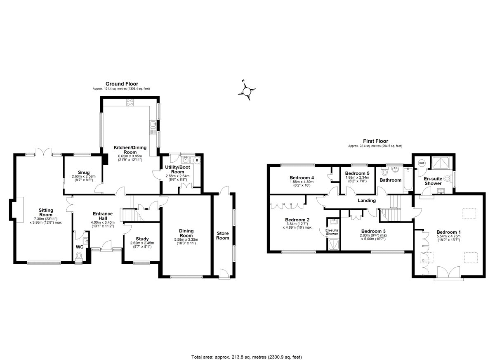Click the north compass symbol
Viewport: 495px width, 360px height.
click(x=247, y=90)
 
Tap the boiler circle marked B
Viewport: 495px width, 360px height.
click(x=197, y=160)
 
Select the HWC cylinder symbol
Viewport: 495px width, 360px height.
click(x=421, y=163)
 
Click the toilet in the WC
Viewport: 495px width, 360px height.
click(x=79, y=256)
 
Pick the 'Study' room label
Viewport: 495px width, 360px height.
click(x=142, y=239)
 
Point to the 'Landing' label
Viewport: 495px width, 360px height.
click(x=366, y=201)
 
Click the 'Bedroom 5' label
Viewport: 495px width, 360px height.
click(x=357, y=173)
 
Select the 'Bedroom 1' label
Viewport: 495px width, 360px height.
click(x=449, y=231)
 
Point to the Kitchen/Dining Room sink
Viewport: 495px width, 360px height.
click(x=153, y=124)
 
